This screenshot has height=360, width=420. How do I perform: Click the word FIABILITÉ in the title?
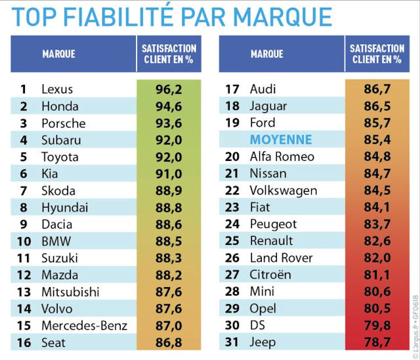pos(131,16)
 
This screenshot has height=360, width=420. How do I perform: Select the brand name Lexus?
pos(57,89)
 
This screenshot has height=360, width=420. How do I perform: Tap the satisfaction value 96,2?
pos(169,89)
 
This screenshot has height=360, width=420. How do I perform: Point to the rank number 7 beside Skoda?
pos(24,191)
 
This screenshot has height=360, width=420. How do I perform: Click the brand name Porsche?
pos(63,123)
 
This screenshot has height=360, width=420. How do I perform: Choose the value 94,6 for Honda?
pos(169,106)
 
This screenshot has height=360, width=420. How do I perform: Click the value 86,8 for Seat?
pos(169,342)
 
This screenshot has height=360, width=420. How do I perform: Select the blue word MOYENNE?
pos(281,139)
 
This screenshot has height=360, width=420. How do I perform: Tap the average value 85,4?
pos(375,139)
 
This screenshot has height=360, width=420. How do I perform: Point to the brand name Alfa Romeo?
pos(282,156)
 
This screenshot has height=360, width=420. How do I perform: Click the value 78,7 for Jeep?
pos(375,342)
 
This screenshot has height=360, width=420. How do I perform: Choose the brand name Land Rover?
pos(282,258)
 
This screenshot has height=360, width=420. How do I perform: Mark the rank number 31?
pos(232,342)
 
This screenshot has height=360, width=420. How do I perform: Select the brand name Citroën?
pos(270,275)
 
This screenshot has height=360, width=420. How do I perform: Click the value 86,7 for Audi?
pos(375,89)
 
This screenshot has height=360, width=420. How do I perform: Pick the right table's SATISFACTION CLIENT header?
pos(376,54)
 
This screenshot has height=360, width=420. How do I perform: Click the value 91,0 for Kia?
pos(169,174)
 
